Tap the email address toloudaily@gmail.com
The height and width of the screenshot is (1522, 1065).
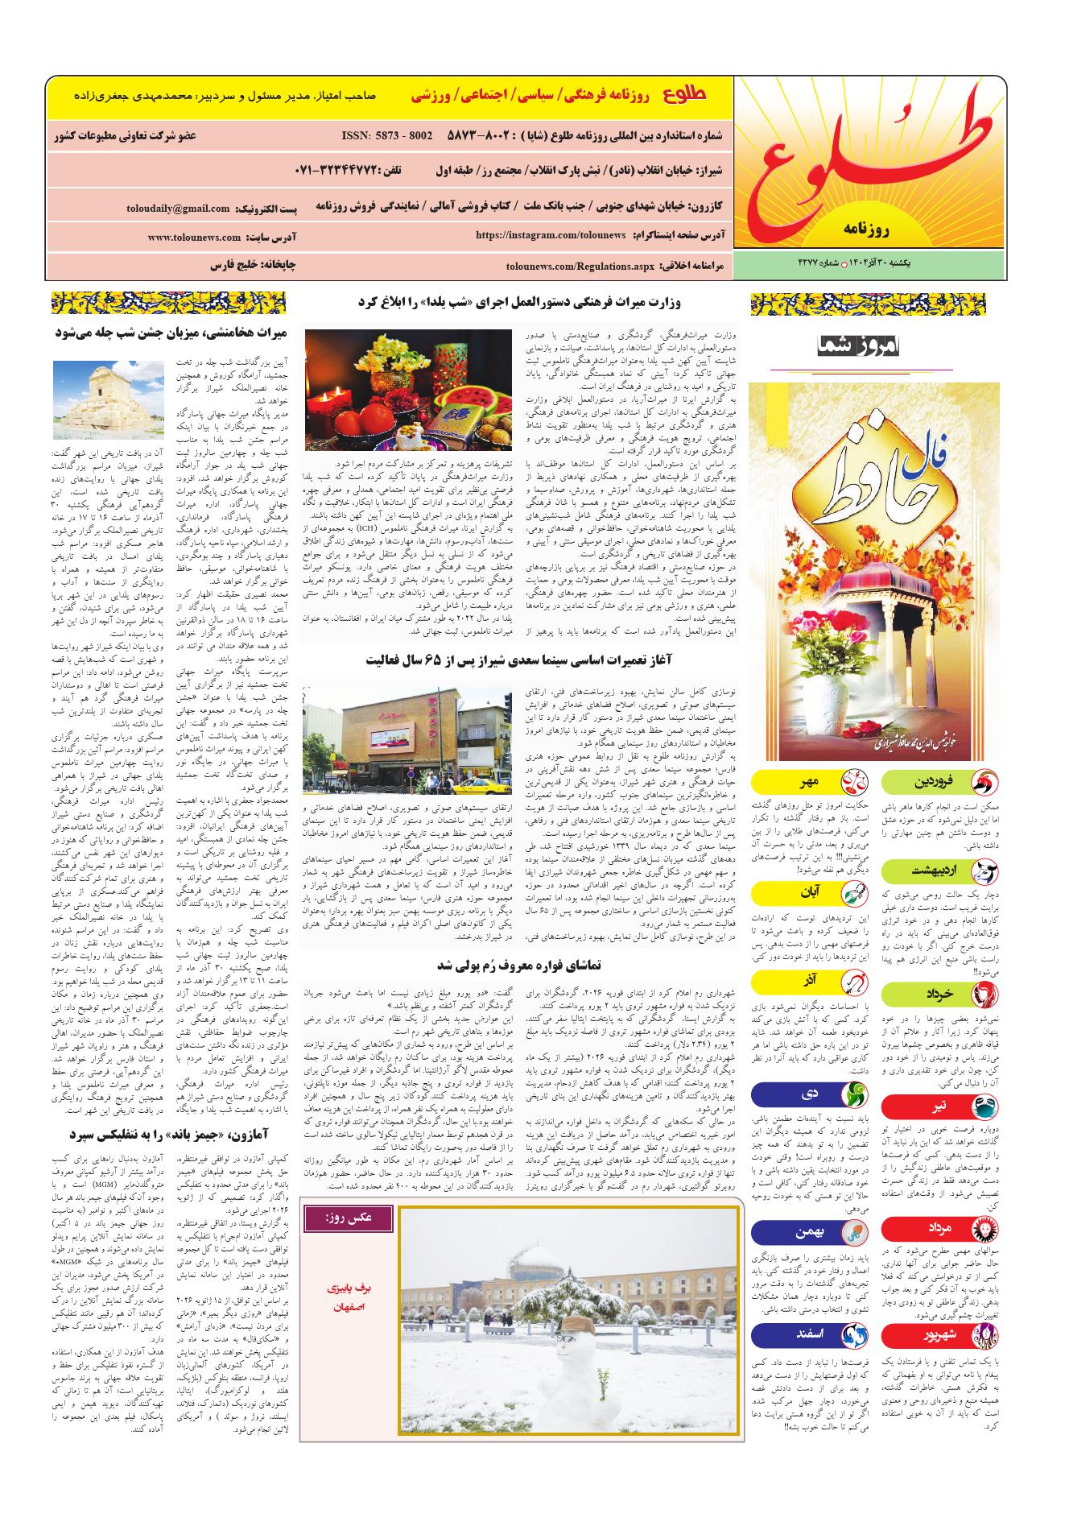pos(178,209)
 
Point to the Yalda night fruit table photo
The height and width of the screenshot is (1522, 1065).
pos(408,390)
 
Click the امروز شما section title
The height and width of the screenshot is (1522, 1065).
pos(861,346)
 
